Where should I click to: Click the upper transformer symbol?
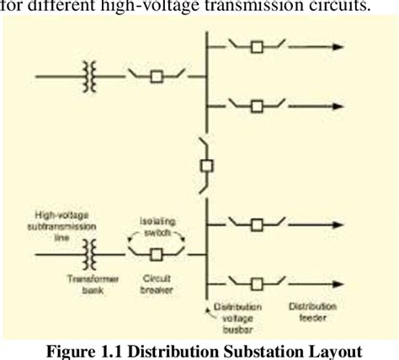coord(89,77)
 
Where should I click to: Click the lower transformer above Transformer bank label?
coord(89,251)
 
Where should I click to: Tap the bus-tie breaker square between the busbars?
coord(205,165)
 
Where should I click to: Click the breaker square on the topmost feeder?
coord(258,47)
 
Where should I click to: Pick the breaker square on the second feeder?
coord(258,105)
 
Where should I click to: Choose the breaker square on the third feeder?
coord(258,224)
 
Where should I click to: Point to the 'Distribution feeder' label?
coord(313,312)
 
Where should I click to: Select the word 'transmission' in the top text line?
coord(287,7)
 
